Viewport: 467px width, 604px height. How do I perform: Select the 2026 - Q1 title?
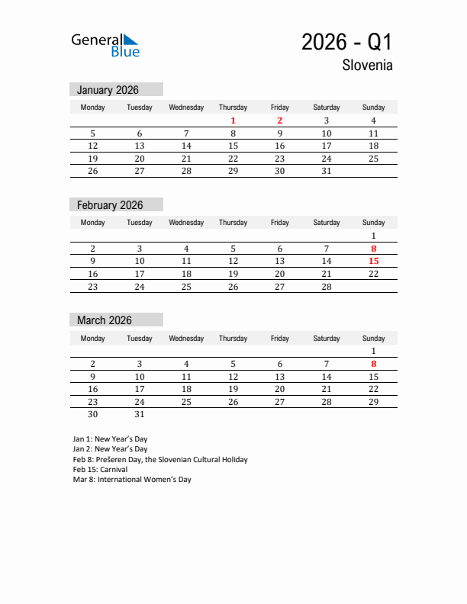346,42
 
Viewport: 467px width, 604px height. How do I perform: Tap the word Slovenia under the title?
367,65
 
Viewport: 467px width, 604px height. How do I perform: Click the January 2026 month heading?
108,90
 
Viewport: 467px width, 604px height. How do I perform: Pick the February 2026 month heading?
110,205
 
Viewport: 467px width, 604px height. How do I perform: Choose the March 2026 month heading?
105,320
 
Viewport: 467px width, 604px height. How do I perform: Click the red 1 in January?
233,120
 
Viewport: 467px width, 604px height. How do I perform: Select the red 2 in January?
279,120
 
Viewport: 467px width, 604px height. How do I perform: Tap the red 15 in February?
373,261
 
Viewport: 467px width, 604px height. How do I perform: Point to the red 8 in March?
373,364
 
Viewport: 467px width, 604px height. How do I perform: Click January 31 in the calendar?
326,171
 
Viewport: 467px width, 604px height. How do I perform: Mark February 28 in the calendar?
326,286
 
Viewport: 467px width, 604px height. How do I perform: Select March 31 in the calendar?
140,414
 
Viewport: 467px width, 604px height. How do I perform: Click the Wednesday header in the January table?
186,108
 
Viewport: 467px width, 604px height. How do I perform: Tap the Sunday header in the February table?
373,223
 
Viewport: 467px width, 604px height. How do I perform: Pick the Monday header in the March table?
93,338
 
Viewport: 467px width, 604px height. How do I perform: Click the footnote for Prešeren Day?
160,460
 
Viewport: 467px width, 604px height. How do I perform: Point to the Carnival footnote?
100,470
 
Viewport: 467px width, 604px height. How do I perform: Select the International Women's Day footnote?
132,480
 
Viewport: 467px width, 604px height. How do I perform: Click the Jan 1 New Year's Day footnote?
110,439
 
